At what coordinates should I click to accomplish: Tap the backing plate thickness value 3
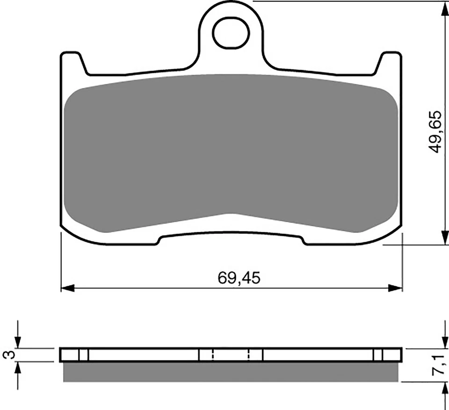[x=6, y=355]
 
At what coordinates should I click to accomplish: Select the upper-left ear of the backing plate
[x=73, y=63]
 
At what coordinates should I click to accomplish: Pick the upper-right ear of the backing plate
[x=390, y=63]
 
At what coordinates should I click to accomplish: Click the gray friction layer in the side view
[x=231, y=372]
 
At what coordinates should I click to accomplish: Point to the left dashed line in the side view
[x=213, y=355]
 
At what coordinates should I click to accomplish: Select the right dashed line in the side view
[x=249, y=355]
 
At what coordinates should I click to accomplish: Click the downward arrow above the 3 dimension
[x=18, y=341]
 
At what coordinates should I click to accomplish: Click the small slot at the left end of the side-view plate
[x=83, y=355]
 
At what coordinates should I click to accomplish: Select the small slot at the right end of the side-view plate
[x=378, y=355]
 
